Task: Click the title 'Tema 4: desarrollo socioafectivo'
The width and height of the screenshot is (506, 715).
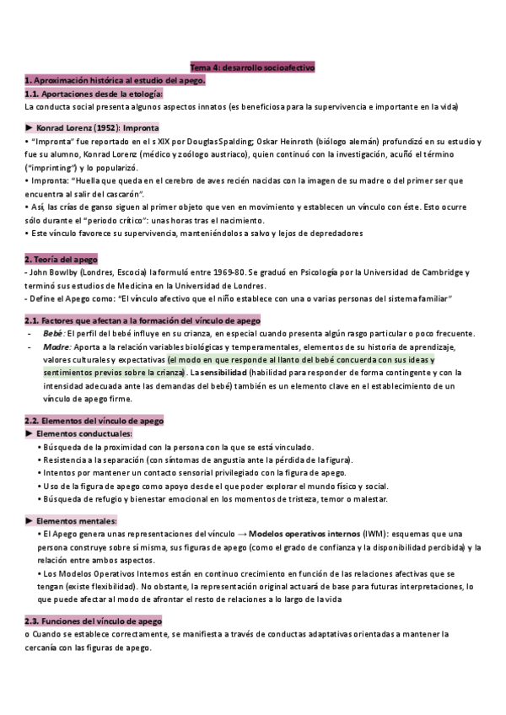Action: pyautogui.click(x=252, y=67)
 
